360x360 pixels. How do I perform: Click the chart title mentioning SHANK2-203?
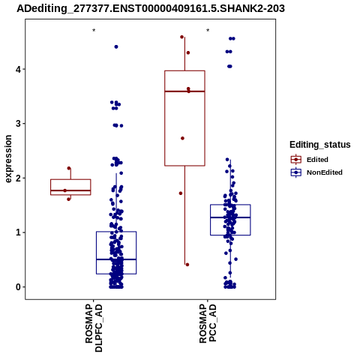151,9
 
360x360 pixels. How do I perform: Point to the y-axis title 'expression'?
8,159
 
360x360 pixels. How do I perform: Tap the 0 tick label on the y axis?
18,287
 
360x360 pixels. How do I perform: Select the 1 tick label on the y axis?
18,232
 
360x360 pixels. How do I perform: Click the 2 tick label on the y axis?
18,178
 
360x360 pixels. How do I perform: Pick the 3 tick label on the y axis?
18,124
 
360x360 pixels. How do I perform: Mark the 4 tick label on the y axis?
18,69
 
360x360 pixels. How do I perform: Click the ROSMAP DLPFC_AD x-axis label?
94,328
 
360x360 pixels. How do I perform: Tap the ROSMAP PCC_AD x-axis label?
208,323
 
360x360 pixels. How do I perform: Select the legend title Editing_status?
320,145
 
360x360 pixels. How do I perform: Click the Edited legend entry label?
317,160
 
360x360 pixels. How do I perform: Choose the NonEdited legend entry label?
325,172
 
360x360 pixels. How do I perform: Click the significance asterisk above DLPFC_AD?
94,31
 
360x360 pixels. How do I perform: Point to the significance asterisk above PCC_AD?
208,31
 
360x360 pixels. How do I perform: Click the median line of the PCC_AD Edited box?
184,91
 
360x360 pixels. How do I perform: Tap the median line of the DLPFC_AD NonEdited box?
116,259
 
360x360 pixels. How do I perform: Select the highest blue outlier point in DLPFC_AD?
116,46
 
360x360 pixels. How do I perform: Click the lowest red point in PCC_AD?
187,265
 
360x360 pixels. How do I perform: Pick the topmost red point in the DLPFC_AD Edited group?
69,168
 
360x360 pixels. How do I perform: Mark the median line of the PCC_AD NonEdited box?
230,217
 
